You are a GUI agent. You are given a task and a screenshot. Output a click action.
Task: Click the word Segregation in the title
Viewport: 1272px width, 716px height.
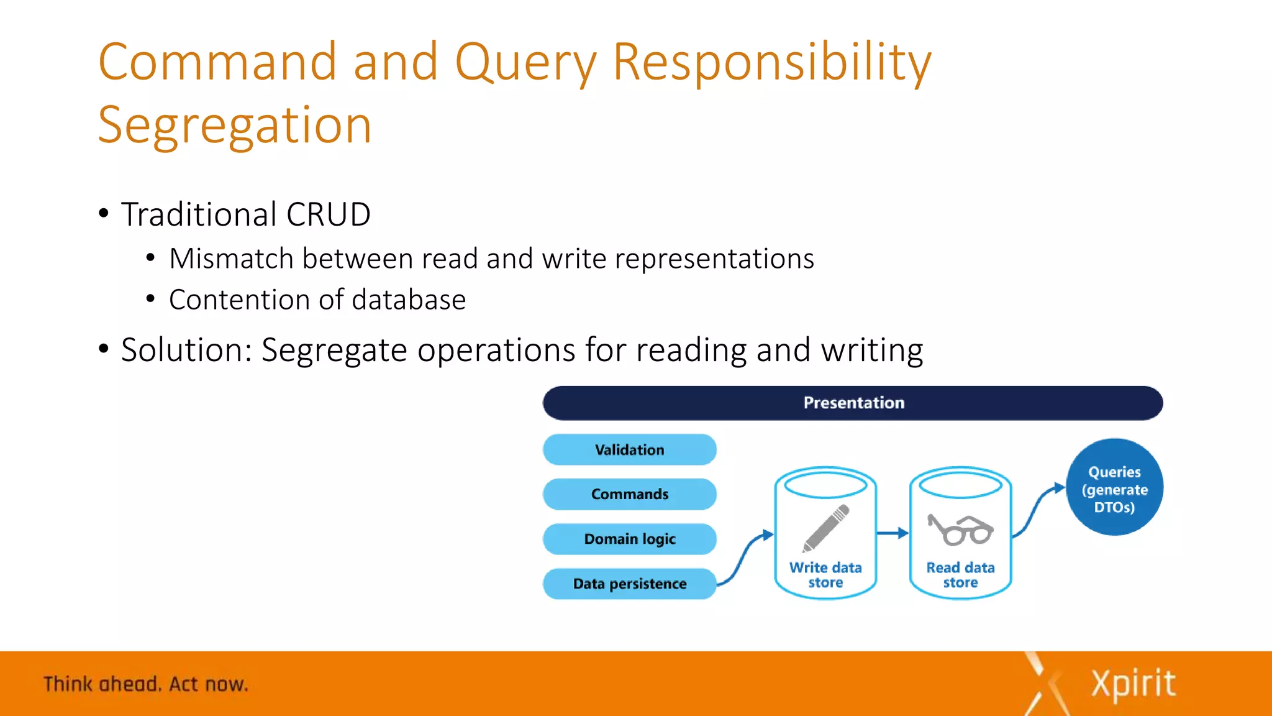click(235, 126)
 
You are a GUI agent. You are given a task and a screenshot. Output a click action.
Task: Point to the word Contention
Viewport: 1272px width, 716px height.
click(238, 300)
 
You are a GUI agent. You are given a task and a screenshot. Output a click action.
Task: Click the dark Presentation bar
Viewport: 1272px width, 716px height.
click(852, 403)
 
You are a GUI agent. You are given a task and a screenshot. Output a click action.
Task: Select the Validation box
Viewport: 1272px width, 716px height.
click(629, 450)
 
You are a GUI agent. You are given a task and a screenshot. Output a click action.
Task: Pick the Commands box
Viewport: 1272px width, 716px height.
click(629, 494)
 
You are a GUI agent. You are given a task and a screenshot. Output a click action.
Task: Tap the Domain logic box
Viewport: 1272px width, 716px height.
click(629, 539)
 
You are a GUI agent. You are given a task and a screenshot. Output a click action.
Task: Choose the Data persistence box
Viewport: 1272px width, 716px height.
click(629, 584)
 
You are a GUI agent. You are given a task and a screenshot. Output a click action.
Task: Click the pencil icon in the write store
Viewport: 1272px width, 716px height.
click(825, 528)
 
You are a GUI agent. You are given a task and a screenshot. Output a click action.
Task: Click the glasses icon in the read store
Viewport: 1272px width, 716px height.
click(960, 530)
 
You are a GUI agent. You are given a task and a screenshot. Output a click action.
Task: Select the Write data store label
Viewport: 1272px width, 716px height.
click(825, 575)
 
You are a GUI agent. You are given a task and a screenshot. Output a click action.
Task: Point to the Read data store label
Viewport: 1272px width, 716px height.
click(960, 575)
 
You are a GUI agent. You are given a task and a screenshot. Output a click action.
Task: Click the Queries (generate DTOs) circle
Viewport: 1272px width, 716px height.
click(1114, 487)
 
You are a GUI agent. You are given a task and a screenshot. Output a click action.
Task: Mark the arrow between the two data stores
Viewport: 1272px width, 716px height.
click(893, 533)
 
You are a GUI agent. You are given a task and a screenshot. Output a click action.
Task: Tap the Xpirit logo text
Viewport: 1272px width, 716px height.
click(1133, 684)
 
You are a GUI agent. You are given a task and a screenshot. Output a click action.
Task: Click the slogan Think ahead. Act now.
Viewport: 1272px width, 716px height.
click(146, 684)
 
